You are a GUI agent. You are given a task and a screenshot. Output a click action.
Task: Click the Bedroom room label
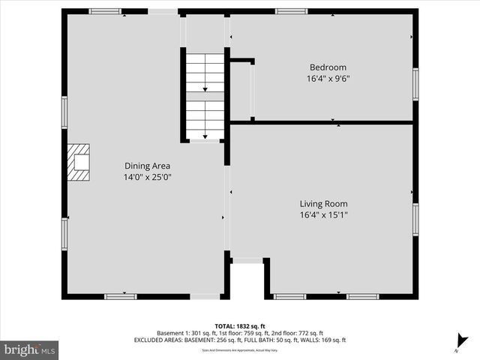[328, 66]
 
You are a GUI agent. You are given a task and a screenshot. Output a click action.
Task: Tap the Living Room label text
[323, 203]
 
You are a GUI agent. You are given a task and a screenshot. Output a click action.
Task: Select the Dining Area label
[147, 166]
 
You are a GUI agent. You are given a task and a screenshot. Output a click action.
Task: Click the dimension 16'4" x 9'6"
[328, 77]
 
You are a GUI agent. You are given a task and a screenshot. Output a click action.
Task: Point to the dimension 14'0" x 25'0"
[147, 178]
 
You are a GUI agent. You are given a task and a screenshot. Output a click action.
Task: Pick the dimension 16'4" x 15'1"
[323, 215]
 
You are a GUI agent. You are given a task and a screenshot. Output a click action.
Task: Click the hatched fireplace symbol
[79, 163]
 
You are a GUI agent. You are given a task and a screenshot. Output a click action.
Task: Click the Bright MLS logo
[30, 349]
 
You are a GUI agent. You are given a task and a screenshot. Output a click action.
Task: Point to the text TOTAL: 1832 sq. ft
[239, 325]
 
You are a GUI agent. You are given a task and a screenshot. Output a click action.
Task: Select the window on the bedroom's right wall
[415, 84]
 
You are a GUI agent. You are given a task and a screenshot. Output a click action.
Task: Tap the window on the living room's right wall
[415, 219]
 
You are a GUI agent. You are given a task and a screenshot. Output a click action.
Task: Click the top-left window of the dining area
[104, 11]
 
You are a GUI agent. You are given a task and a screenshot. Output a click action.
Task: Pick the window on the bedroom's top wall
[291, 11]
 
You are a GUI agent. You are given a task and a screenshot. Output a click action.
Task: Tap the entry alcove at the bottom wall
[247, 279]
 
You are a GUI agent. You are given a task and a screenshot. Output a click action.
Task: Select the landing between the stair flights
[205, 96]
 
